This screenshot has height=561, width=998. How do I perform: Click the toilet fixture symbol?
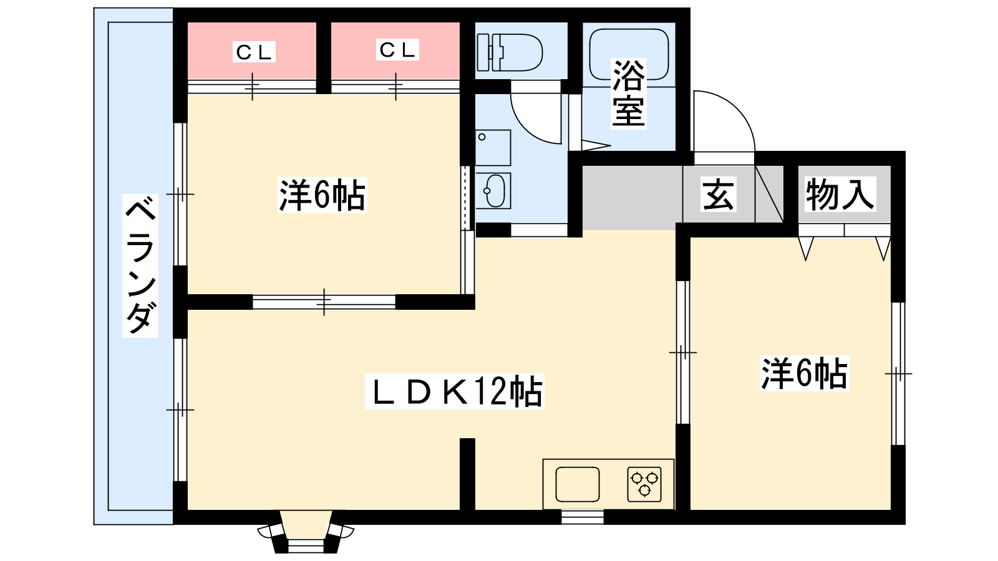click(510, 52)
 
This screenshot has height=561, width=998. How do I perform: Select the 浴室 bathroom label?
click(629, 93)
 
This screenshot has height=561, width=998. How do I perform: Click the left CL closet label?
click(254, 52)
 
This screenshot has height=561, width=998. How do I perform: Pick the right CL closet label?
click(397, 50)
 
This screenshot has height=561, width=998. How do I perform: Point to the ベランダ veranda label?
click(140, 266)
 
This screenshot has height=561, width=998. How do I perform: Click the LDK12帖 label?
click(455, 391)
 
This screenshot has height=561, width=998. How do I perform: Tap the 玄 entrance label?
click(718, 194)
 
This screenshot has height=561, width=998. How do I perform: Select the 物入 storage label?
click(840, 194)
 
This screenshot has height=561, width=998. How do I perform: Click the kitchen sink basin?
click(578, 484)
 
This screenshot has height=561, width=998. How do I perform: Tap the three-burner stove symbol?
click(644, 484)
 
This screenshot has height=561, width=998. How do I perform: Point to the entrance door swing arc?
click(724, 121)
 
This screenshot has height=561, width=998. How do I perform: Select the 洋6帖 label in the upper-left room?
click(322, 195)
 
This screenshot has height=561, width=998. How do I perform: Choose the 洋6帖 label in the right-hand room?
click(805, 373)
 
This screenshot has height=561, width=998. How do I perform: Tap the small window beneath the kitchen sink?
click(583, 517)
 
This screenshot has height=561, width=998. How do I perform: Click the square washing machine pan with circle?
click(493, 148)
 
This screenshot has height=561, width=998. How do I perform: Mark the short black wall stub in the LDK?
click(467, 474)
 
